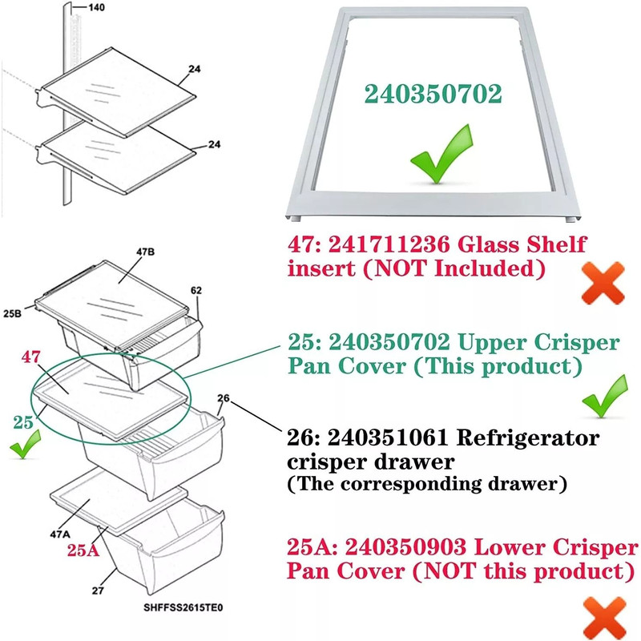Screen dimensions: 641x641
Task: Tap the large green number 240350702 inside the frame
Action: [x=433, y=94]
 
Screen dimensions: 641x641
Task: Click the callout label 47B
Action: [x=145, y=251]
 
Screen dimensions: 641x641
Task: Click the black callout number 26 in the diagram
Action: [x=224, y=397]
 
